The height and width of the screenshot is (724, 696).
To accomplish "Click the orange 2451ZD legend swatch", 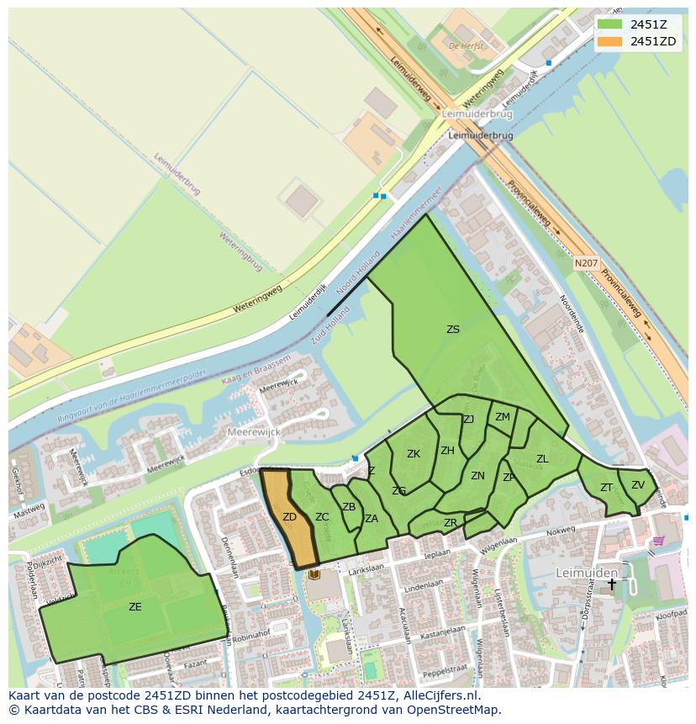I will tap(610, 41).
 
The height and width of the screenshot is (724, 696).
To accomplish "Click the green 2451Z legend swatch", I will tap(610, 24).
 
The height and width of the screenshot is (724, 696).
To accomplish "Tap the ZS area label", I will tap(453, 330).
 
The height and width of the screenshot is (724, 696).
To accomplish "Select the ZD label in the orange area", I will tap(289, 517).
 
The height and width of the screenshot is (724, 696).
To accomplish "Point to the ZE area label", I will tap(134, 606).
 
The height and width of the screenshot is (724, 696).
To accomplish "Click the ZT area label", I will tap(606, 488).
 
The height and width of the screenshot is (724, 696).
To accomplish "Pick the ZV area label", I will tap(637, 484).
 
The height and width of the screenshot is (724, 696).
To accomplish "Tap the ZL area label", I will tap(542, 459).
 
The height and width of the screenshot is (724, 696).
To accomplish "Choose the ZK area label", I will tap(414, 454).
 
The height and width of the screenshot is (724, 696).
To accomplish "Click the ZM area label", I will tap(502, 417).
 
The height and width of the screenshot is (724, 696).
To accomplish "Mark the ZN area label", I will tap(477, 476).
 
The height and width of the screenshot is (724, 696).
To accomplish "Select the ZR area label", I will tap(451, 523).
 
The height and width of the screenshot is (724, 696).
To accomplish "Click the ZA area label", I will tap(372, 519).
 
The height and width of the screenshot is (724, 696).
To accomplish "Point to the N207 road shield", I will tap(587, 263).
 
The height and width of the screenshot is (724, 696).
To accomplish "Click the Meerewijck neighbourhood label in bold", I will tap(254, 431).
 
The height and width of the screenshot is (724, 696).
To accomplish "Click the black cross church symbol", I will tap(612, 584).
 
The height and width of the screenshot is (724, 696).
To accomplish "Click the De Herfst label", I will tap(467, 45).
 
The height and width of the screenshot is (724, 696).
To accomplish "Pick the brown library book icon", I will tap(314, 574).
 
